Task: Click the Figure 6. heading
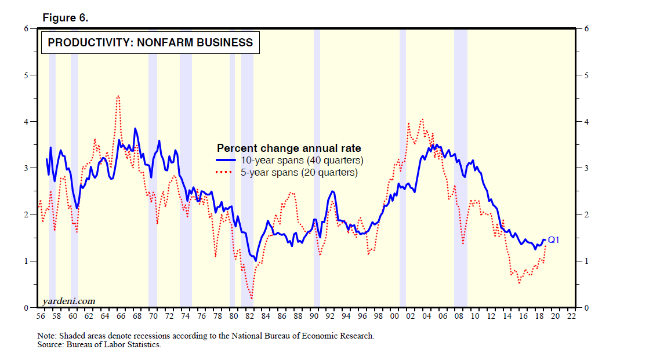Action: pyautogui.click(x=66, y=18)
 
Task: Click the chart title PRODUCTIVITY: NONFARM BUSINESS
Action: pyautogui.click(x=150, y=42)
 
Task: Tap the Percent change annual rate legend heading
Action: pyautogui.click(x=288, y=148)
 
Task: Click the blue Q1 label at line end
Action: pyautogui.click(x=554, y=239)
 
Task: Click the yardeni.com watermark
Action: pyautogui.click(x=68, y=301)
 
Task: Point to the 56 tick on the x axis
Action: pyautogui.click(x=41, y=317)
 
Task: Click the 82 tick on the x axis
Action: pyautogui.click(x=249, y=317)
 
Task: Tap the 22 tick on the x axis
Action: pyautogui.click(x=571, y=317)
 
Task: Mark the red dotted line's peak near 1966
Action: pyautogui.click(x=118, y=96)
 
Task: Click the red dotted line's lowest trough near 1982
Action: pyautogui.click(x=252, y=299)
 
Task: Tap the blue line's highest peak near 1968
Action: pyautogui.click(x=135, y=128)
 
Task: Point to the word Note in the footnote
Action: pyautogui.click(x=46, y=336)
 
